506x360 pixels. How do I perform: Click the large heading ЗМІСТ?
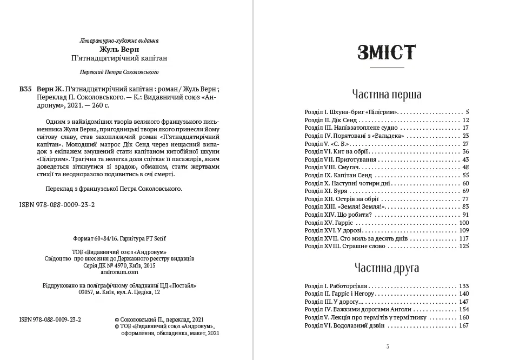coord(387,52)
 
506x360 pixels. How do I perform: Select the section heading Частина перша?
coord(387,94)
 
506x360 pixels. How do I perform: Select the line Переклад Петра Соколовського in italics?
coord(119,71)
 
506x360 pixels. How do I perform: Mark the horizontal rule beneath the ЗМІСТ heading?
coord(387,68)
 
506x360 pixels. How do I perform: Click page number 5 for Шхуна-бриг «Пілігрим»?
coord(467,112)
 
